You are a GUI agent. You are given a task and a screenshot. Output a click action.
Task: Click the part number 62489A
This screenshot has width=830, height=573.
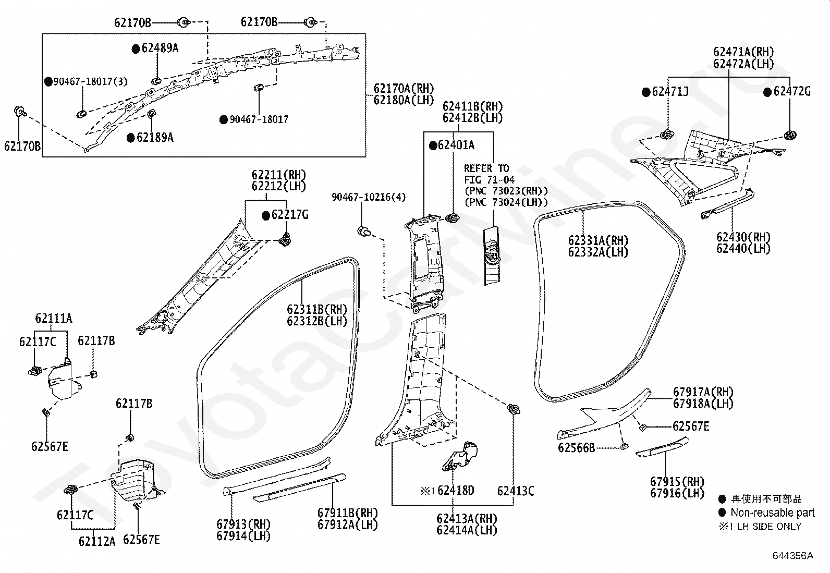160,48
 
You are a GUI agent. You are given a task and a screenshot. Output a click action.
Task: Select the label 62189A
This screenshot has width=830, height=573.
155,138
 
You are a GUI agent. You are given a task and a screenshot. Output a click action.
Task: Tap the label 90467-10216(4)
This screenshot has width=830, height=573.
369,197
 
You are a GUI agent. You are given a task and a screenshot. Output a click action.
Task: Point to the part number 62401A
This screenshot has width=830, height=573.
456,145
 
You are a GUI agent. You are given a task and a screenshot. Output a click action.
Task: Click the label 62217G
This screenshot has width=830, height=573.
290,215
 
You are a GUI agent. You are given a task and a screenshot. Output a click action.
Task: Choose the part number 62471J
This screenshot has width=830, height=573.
670,92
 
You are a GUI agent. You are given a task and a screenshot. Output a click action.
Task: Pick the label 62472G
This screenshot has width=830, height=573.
792,91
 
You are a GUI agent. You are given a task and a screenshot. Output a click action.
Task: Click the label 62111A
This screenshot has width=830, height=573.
54,318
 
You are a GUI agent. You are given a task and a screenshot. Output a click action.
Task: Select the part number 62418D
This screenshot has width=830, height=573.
456,490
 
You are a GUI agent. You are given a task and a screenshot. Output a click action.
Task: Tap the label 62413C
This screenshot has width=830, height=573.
516,491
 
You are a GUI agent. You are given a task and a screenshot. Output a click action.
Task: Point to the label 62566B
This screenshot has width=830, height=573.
577,448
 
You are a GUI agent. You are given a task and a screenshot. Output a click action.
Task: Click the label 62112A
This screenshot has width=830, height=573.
97,542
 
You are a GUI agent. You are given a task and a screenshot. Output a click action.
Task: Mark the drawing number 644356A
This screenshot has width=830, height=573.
793,556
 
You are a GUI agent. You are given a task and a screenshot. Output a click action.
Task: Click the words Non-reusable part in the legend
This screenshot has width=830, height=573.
773,513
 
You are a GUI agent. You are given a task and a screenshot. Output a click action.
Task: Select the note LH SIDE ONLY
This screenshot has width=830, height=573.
769,526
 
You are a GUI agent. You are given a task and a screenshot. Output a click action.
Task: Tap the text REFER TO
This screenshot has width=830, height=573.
486,168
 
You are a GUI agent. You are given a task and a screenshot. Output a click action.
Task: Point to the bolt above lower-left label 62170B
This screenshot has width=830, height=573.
20,112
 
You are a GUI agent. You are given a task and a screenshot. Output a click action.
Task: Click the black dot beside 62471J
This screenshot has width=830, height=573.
646,92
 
